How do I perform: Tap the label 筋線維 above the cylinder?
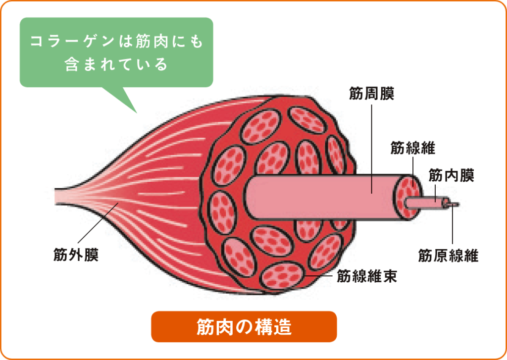click(x=413, y=148)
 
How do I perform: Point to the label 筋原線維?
click(x=448, y=256)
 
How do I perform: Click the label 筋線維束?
click(x=367, y=276)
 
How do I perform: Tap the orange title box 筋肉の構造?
click(x=244, y=326)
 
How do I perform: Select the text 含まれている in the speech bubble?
click(x=116, y=65)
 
